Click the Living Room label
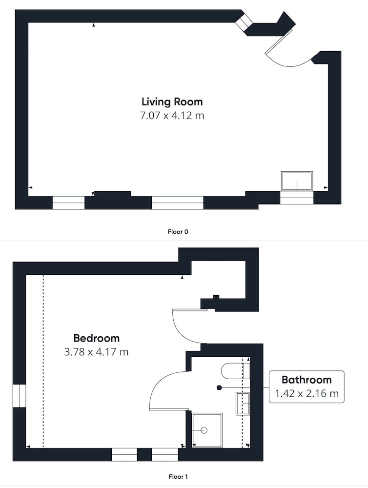(172, 102)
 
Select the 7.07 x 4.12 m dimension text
(172, 116)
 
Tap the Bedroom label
(97, 338)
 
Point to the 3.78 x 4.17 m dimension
(96, 352)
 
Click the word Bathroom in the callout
(307, 380)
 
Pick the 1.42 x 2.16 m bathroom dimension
(307, 394)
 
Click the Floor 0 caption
(178, 231)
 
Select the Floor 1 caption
(178, 476)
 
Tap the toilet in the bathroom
(236, 371)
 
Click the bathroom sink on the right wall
(243, 404)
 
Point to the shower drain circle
(204, 430)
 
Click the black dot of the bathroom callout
(219, 388)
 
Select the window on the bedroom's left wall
(19, 396)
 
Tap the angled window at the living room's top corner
(244, 23)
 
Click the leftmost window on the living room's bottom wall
(68, 203)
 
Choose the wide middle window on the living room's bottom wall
(178, 203)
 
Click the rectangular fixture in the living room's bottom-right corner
(297, 181)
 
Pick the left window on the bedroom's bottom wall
(124, 455)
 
